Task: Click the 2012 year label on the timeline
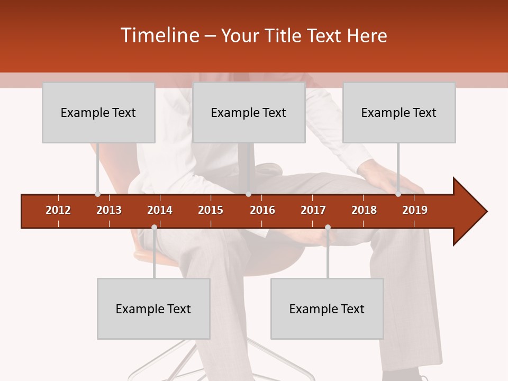pos(58,210)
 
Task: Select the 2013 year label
pos(109,210)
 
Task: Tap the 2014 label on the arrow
pos(160,210)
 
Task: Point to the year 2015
pos(211,210)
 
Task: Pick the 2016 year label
pos(262,210)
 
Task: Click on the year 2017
pos(313,210)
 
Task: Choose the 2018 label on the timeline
pos(364,210)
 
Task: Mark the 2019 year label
pos(415,210)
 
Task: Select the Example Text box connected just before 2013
pos(98,112)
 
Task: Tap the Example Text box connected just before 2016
pos(249,112)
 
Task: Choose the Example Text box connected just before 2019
pos(399,112)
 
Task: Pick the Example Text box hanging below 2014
pos(153,309)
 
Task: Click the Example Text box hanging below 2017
pos(327,309)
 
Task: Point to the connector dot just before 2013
pos(97,194)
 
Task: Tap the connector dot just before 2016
pos(248,194)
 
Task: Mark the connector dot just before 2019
pos(398,194)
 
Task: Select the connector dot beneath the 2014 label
pos(154,228)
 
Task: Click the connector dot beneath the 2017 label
pos(328,228)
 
